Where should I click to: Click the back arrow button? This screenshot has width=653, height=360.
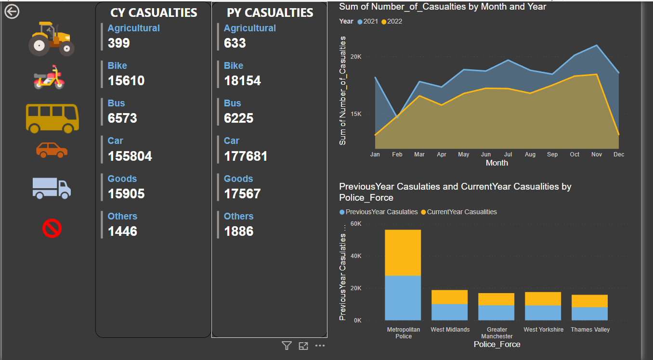click(12, 12)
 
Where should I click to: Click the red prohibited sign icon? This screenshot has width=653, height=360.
click(52, 228)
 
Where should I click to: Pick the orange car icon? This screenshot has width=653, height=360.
click(52, 150)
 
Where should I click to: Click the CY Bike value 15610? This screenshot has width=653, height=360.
click(126, 81)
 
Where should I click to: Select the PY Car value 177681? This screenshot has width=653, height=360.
click(246, 156)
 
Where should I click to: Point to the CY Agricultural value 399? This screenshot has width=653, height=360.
click(119, 43)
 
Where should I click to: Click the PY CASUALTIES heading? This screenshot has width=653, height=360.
click(270, 13)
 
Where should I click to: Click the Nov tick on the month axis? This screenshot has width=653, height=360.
click(597, 154)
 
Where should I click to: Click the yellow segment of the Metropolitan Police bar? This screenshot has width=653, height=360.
click(403, 253)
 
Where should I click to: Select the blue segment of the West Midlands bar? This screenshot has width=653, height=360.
click(449, 312)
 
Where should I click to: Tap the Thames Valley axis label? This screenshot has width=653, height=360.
click(590, 330)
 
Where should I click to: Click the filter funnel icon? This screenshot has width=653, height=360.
click(287, 346)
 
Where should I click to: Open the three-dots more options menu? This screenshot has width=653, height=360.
click(320, 346)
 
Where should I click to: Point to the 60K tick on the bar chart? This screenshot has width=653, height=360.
click(356, 224)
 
